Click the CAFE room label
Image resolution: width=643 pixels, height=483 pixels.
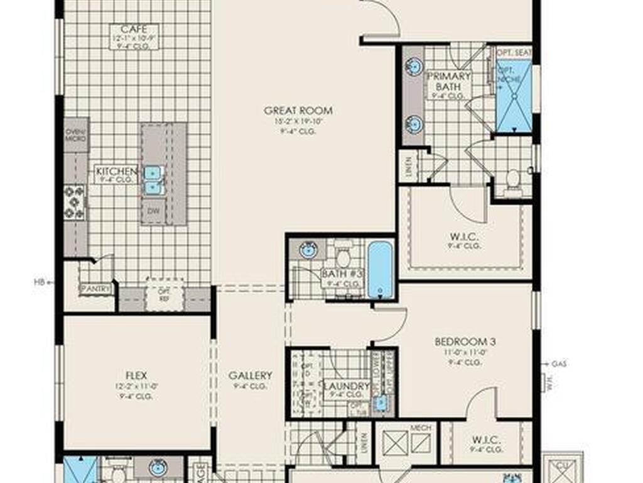point(134,29)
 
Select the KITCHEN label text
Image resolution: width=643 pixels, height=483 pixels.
point(116,171)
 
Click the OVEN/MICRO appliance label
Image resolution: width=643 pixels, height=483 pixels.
point(77,135)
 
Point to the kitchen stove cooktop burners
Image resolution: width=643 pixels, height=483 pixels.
point(75,202)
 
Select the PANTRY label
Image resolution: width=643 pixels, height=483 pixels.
point(96,289)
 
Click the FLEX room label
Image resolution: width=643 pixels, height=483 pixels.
point(136,375)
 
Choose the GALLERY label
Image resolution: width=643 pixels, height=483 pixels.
point(250,375)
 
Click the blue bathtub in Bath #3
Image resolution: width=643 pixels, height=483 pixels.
point(381,269)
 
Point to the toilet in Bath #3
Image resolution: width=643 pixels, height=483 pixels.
point(343,257)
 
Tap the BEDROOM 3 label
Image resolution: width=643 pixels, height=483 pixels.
point(465,341)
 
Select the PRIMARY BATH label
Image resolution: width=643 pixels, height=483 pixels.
point(448,81)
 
